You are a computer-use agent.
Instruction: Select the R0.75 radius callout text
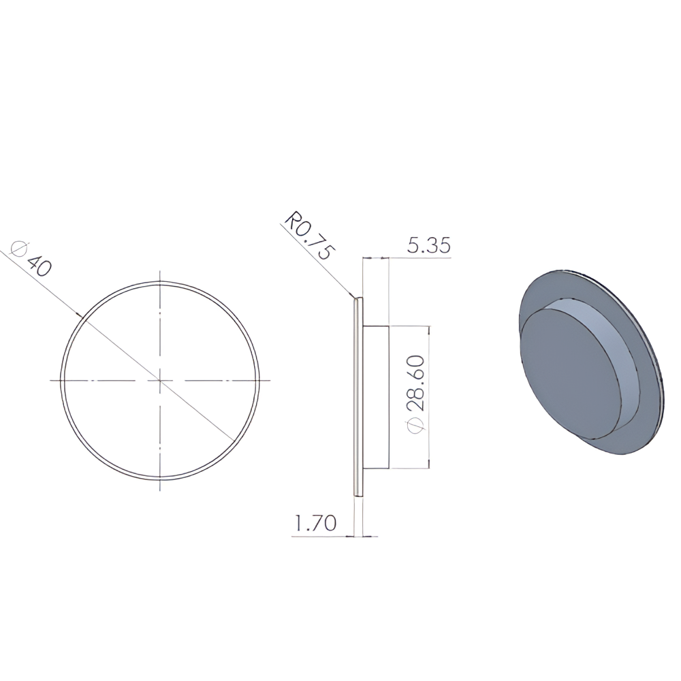310,235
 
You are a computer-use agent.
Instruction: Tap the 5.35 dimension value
428,245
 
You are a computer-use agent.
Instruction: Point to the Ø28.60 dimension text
415,394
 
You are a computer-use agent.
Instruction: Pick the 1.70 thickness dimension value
315,523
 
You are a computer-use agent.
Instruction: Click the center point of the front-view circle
161,381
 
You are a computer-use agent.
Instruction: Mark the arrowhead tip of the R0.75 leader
355,298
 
